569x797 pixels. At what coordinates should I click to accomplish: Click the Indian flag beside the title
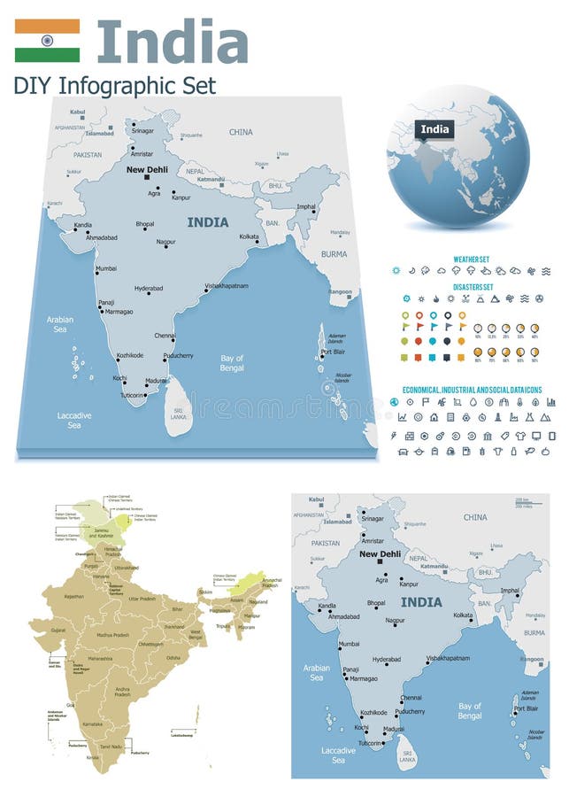[47, 41]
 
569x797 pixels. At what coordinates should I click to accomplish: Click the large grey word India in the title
[173, 42]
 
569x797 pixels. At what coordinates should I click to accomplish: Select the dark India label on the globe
[434, 129]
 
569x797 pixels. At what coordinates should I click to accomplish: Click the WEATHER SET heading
[473, 259]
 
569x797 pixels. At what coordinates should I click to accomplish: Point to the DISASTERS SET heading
[473, 287]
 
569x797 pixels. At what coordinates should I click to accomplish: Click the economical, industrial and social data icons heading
[478, 390]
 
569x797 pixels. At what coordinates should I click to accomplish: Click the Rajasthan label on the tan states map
[74, 596]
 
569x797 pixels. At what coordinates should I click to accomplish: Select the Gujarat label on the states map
[58, 630]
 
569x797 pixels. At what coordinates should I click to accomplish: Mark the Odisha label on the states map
[173, 658]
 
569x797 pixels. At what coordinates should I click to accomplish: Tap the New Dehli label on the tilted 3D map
[147, 169]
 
